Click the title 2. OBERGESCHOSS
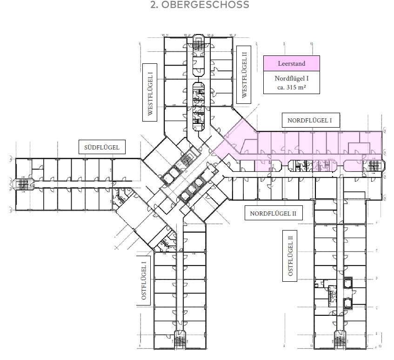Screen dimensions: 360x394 [200, 5]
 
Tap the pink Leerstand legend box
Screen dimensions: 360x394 [291, 63]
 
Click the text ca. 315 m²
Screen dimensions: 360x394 [291, 87]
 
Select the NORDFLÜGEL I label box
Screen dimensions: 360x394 [311, 120]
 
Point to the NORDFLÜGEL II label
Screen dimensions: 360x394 [273, 214]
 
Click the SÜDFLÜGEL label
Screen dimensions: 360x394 [102, 148]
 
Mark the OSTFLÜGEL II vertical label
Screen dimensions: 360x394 [290, 256]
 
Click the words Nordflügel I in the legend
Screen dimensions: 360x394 [291, 79]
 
